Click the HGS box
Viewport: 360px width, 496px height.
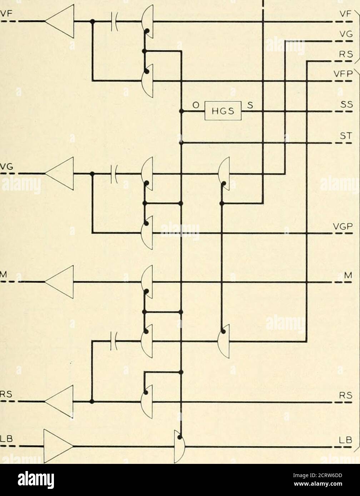(222, 111)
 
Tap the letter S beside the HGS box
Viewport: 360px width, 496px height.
(249, 105)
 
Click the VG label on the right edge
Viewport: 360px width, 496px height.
(347, 34)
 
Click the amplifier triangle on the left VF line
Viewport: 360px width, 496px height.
(60, 21)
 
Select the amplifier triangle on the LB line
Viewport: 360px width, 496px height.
(58, 446)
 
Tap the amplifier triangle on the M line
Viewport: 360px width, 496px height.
(60, 282)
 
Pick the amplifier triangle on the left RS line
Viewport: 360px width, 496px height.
(60, 401)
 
